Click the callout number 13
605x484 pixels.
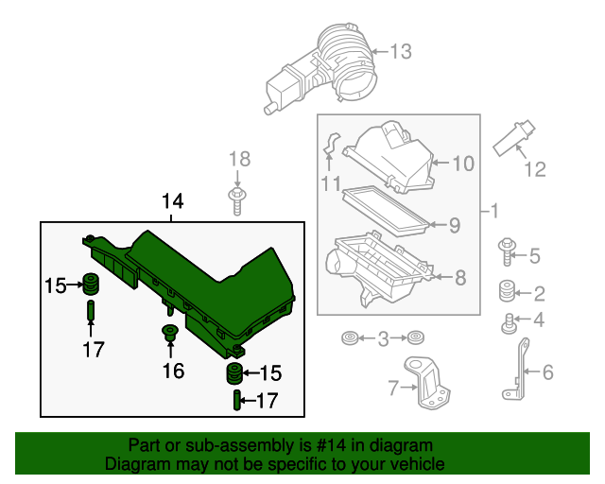tap(401, 52)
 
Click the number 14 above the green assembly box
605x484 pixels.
tap(172, 201)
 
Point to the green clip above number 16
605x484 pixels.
tap(171, 332)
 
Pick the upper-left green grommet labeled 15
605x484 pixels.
tap(93, 283)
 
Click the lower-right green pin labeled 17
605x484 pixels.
tap(234, 401)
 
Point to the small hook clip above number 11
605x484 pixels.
tap(330, 144)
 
